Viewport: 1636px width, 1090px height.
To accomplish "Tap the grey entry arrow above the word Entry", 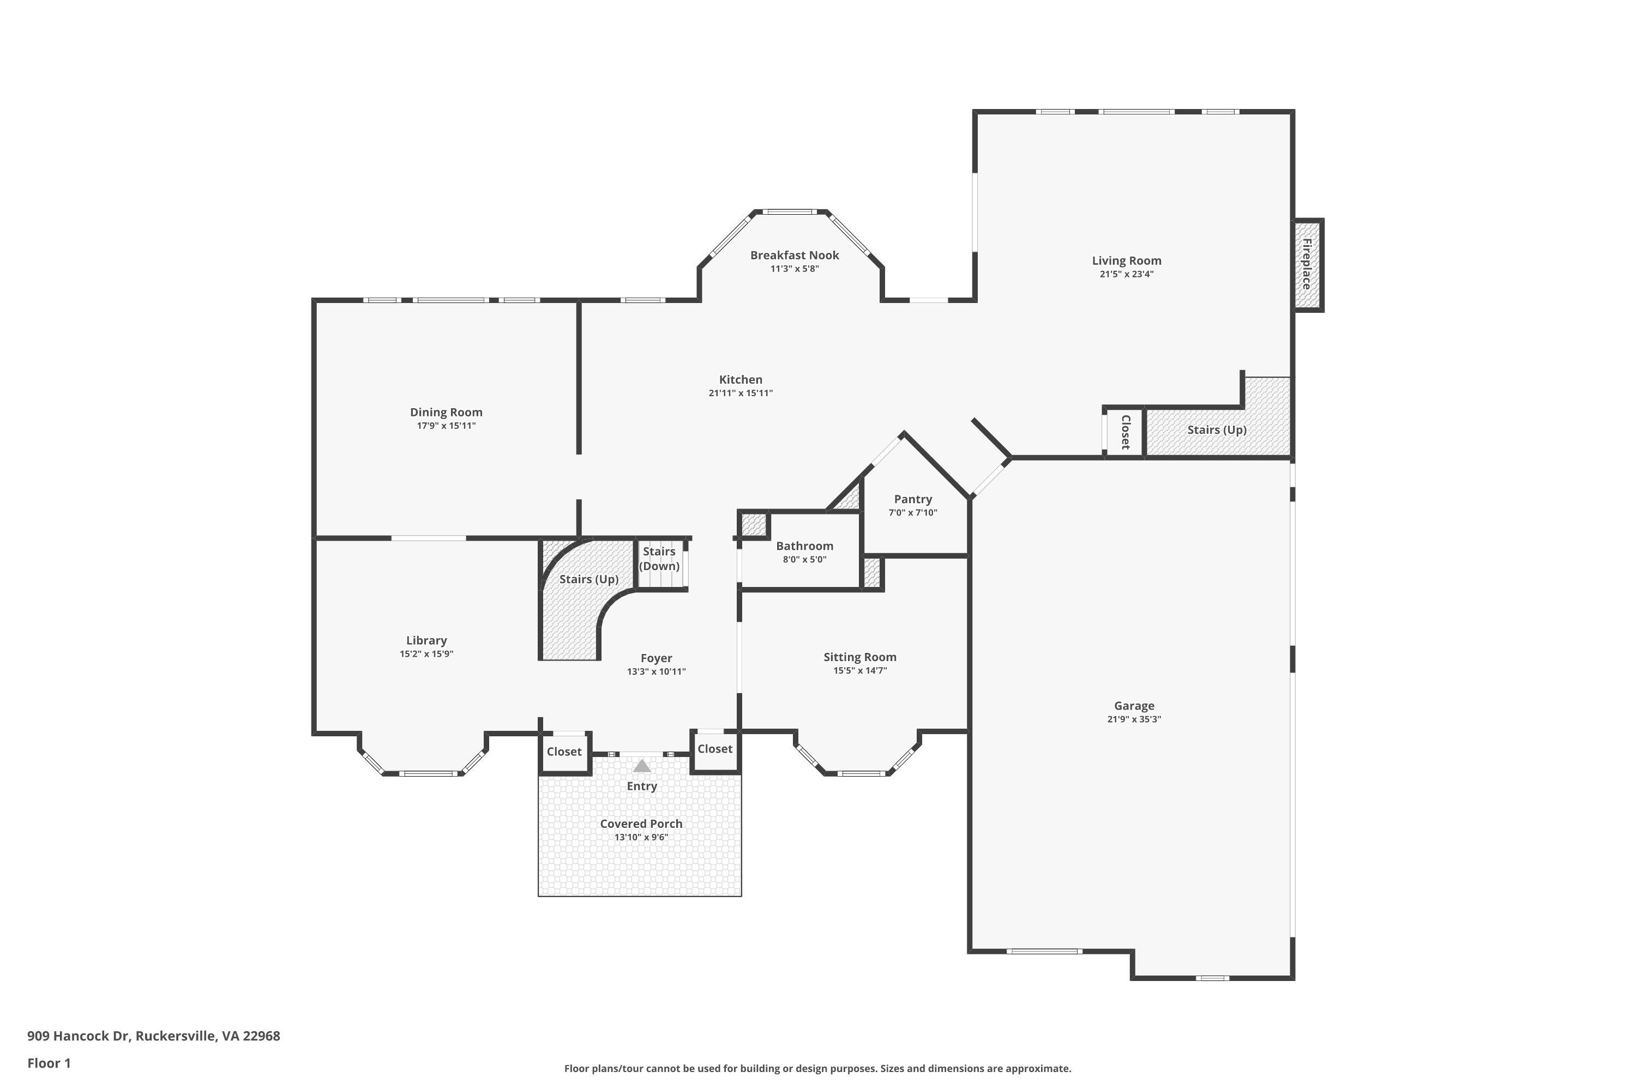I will coord(642,766).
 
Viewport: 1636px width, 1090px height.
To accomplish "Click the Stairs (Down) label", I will coord(659,558).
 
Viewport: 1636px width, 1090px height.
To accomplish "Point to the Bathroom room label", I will coord(805,546).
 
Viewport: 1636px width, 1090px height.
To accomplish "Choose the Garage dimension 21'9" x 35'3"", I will coord(1134,719).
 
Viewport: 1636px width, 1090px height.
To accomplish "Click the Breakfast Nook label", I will coord(795,255).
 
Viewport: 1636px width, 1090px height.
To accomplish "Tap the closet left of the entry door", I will coord(564,752).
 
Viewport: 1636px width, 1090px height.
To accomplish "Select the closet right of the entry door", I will coord(715,749).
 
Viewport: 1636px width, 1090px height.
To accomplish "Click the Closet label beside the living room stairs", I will coord(1124,432).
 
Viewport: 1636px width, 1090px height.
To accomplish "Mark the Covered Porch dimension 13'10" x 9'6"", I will coord(641,837).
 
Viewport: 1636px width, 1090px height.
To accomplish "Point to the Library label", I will coord(426,640).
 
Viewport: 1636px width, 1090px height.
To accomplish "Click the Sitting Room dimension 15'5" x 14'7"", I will coord(860,671).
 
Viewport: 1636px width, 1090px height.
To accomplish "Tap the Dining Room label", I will coord(446,412).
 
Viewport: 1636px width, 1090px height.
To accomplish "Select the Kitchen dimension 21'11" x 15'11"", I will coord(740,393).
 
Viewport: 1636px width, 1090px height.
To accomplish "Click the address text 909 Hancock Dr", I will coord(79,1036).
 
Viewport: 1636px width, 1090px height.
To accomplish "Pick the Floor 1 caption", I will coord(49,1063).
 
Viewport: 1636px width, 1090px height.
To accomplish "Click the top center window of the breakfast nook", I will coord(789,211).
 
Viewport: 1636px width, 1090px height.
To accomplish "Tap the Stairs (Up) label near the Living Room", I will coord(1217,429).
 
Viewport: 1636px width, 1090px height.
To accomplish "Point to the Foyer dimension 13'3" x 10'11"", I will coord(656,671).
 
